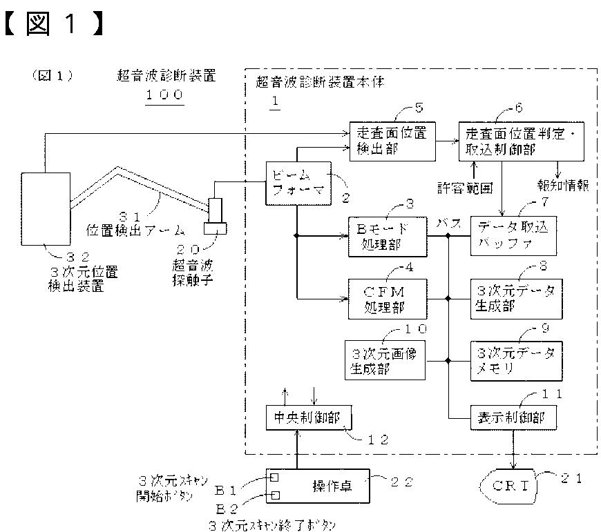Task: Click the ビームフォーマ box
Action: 295,183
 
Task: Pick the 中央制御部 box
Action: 309,417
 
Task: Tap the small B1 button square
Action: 274,477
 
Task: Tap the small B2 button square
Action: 274,495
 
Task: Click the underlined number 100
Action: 164,94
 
